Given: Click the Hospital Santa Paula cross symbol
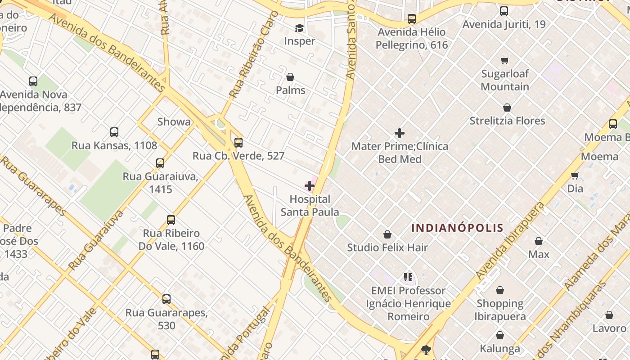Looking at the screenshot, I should (x=310, y=185).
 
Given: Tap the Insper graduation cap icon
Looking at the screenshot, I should (x=299, y=29).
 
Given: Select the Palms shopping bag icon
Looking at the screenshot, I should (x=290, y=77).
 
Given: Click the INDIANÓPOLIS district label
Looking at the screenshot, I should (x=457, y=228).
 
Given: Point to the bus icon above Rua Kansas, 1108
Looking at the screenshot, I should (x=114, y=132).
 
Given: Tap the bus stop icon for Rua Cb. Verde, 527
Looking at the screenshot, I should (x=238, y=143).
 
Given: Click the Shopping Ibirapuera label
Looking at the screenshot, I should (x=500, y=310).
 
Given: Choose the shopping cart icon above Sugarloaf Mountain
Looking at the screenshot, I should (x=505, y=60).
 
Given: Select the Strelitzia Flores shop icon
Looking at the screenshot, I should (x=507, y=108).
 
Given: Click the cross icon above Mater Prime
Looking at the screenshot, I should (x=399, y=133).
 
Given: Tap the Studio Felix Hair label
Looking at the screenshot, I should (x=387, y=247).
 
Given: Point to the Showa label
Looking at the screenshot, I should (x=174, y=121).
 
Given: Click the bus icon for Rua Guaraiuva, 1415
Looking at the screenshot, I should (x=160, y=163).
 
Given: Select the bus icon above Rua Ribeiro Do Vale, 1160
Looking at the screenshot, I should (x=171, y=220).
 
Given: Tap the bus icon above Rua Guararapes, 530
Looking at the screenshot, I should (x=166, y=299).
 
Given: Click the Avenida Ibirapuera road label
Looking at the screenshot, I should (x=510, y=241).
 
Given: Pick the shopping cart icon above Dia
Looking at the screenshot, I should (x=575, y=175).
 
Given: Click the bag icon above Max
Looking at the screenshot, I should (x=539, y=241).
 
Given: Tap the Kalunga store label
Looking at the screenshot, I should (x=500, y=349).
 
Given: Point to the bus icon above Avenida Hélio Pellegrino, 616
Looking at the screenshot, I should (x=412, y=19).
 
